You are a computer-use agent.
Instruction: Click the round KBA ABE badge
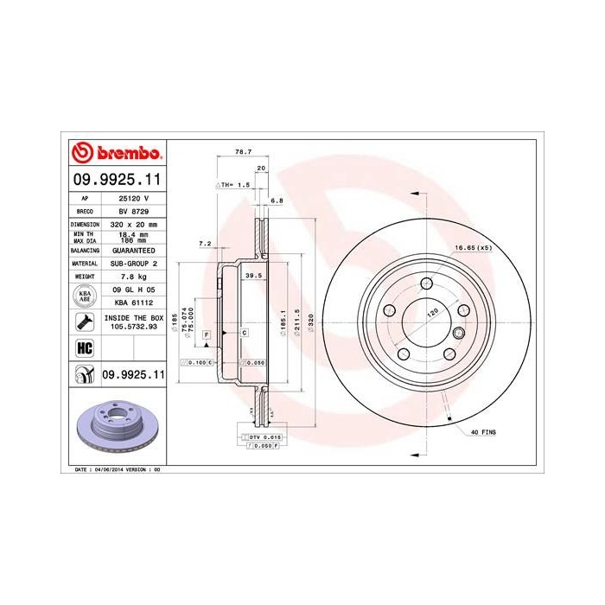tap(86, 296)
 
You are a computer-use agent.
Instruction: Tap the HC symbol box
tap(86, 347)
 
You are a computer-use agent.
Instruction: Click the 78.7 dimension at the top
tap(243, 152)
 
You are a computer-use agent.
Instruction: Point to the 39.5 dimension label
tap(253, 276)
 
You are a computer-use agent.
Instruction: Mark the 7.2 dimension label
tap(204, 245)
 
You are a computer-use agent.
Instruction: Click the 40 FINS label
tap(482, 430)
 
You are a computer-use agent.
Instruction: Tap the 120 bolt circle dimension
tap(431, 317)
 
